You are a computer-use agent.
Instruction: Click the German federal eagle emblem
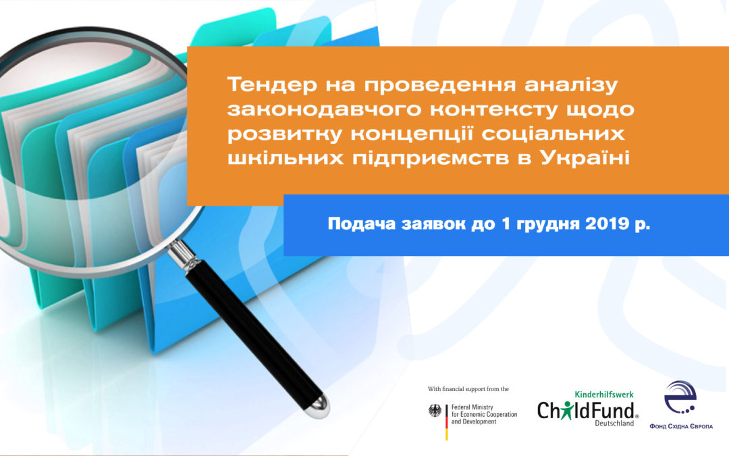[x=435, y=411]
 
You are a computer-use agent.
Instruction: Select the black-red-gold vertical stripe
[x=447, y=422]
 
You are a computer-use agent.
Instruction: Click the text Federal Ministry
[x=473, y=407]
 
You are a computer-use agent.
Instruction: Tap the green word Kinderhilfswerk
[x=604, y=395]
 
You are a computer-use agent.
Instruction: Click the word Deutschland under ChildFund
[x=615, y=424]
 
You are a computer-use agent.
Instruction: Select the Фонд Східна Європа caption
[x=681, y=426]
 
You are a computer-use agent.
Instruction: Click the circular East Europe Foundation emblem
[x=680, y=398]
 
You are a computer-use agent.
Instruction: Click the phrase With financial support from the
[x=468, y=389]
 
